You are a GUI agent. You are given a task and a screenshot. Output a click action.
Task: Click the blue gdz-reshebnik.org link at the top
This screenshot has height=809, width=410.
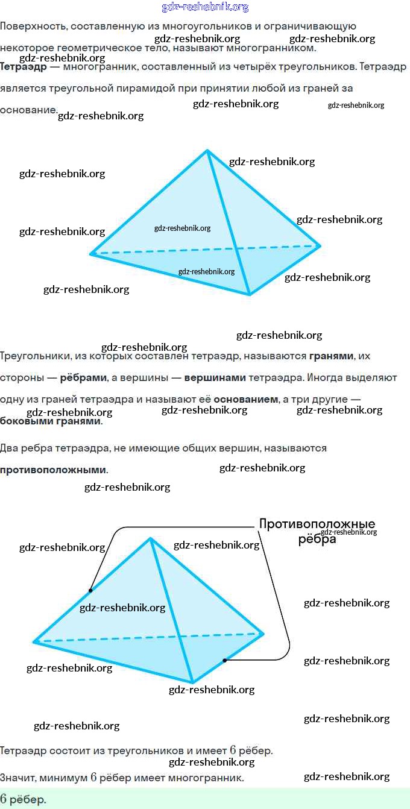(x=205, y=7)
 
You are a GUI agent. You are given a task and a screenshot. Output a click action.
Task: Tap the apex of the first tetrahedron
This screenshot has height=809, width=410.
(x=207, y=151)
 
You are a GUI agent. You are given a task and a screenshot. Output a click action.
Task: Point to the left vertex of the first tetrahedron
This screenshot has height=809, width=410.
(x=92, y=254)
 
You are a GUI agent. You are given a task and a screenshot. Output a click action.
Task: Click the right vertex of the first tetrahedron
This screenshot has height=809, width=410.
(x=320, y=245)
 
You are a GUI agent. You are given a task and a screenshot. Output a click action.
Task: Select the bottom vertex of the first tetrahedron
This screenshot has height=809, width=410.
(x=249, y=294)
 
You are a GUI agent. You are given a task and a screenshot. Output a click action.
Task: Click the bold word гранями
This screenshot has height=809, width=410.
(x=331, y=356)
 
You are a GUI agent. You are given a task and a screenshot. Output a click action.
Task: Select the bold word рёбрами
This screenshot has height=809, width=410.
(x=84, y=378)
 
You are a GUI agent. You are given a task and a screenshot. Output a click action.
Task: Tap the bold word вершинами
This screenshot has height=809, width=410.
(x=215, y=378)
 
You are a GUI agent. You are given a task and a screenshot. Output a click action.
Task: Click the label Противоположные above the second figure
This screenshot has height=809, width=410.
(x=317, y=524)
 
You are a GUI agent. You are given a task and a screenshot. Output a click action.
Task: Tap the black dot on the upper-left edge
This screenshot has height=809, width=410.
(x=90, y=590)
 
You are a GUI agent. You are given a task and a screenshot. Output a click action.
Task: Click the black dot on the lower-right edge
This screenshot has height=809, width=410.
(x=224, y=661)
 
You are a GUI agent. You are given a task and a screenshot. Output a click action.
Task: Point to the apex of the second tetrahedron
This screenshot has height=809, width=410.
(x=150, y=538)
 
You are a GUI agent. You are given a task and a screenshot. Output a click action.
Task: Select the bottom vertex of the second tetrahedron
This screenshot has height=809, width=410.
(x=192, y=682)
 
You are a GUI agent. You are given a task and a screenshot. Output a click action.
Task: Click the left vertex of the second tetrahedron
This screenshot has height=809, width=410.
(x=34, y=642)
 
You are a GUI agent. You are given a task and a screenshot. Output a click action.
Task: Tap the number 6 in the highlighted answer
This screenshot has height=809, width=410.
(x=4, y=799)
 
